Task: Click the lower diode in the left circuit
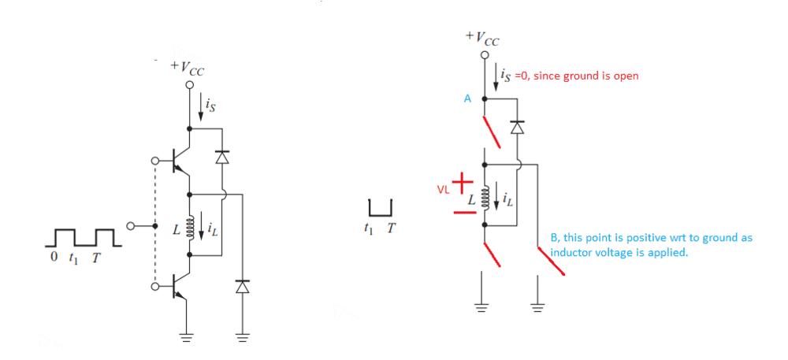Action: pos(242,287)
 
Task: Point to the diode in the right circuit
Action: pos(517,127)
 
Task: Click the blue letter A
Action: pos(466,99)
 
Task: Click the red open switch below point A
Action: pos(492,131)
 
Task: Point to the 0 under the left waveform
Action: pos(54,257)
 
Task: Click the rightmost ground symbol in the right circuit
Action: pos(538,303)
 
